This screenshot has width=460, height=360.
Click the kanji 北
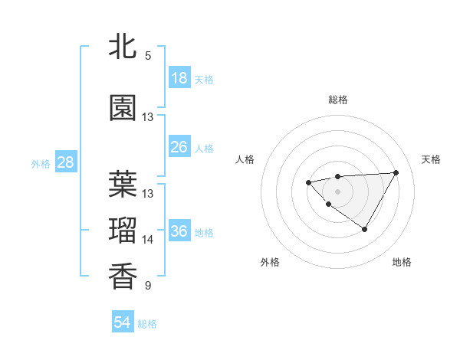(123, 47)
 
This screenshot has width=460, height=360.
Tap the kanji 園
(123, 109)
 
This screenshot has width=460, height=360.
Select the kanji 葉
(123, 185)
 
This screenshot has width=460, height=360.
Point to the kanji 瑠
(123, 231)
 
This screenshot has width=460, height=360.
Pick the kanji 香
(123, 277)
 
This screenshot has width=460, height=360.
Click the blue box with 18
(179, 78)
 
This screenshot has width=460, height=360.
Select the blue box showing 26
(179, 147)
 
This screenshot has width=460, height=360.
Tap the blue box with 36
(179, 231)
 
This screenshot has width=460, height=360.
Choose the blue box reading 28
(65, 162)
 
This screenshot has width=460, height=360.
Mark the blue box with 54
(122, 322)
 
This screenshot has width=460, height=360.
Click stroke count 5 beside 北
(148, 56)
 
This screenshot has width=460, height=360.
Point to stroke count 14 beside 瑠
(148, 240)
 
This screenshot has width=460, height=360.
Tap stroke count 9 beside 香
(148, 286)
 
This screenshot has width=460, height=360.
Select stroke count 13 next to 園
(148, 117)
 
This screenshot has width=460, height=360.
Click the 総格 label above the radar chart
(337, 100)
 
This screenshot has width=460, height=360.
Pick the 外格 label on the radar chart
(270, 262)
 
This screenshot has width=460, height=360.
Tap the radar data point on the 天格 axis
(396, 172)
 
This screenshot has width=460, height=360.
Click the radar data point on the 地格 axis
(364, 229)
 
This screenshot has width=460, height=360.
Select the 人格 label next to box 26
(204, 148)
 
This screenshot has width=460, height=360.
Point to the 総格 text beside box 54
(147, 324)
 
